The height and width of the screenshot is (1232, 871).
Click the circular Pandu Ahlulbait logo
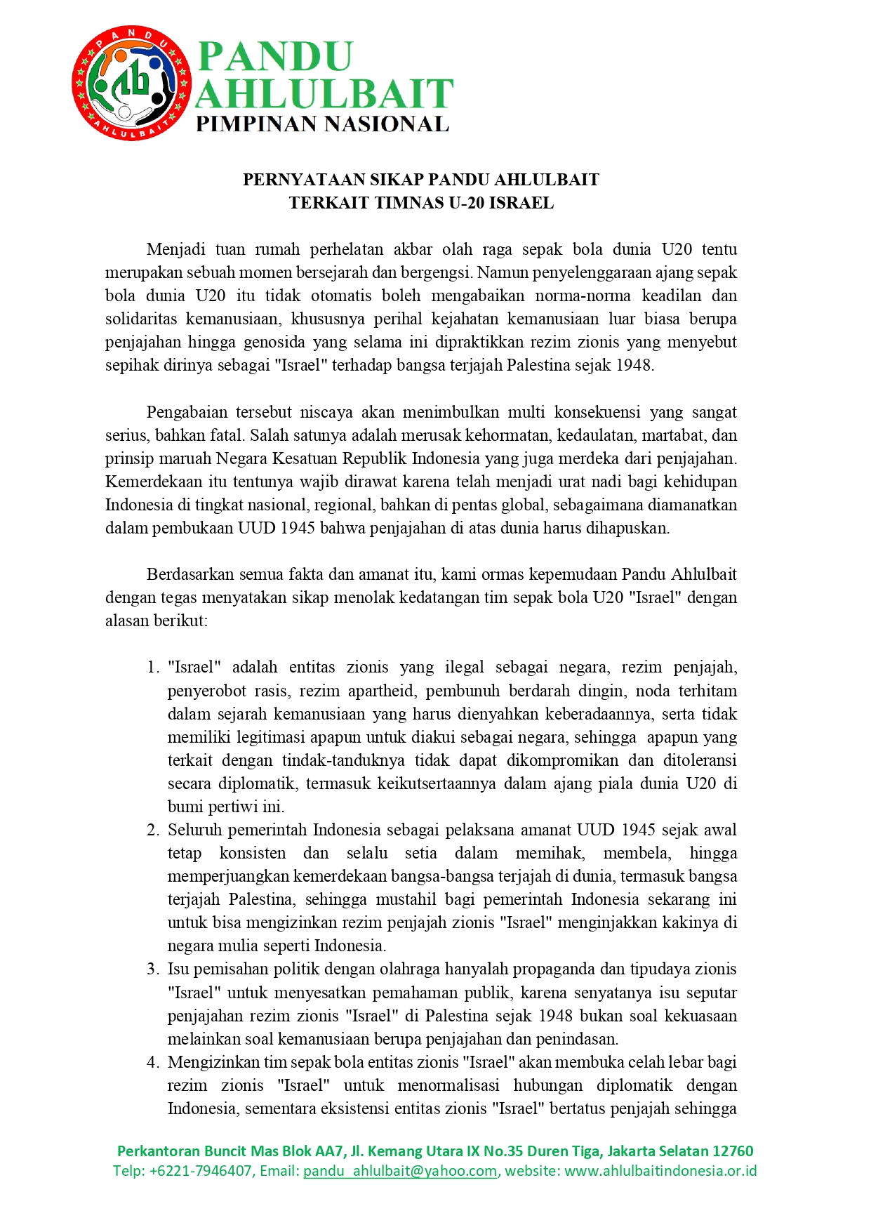click(x=131, y=84)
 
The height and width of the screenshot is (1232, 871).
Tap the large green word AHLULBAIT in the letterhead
click(x=324, y=93)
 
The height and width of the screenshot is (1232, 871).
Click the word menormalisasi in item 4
click(x=448, y=1085)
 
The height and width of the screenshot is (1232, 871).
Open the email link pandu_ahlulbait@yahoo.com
click(x=400, y=1170)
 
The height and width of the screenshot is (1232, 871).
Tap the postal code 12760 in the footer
click(x=733, y=1151)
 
